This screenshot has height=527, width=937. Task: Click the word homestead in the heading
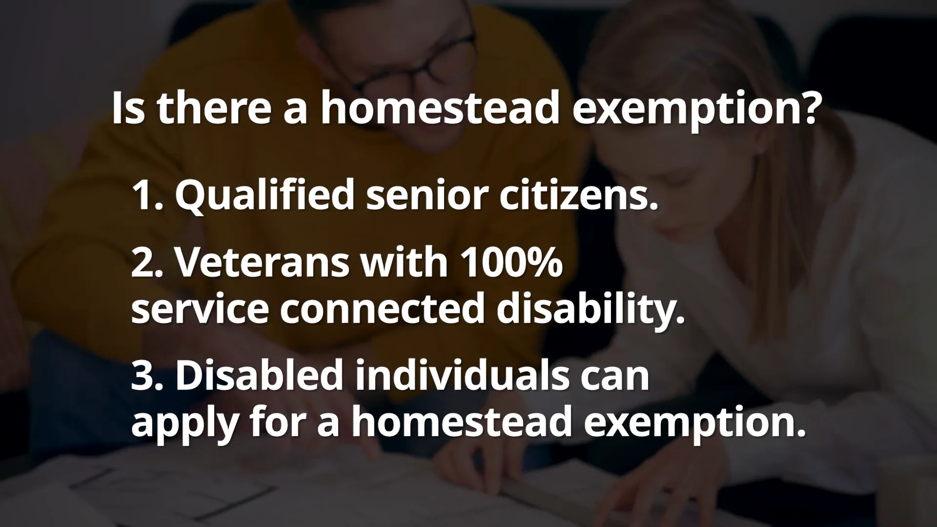439,108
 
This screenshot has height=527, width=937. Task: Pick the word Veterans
261,263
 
